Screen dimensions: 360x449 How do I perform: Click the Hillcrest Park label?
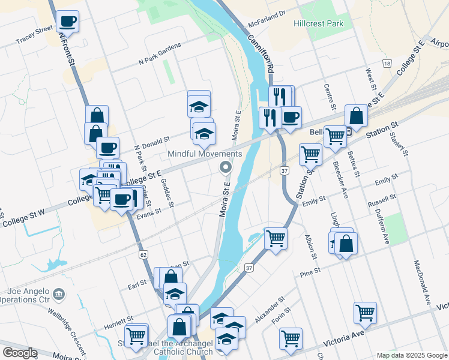pos(319,23)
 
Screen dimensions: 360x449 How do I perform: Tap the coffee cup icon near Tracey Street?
pos(68,22)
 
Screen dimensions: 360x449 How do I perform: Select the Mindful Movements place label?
pos(205,154)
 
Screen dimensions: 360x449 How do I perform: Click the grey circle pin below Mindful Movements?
pos(226,167)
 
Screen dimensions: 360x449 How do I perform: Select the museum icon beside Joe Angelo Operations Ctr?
pos(59,294)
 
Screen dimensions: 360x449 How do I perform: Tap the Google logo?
pos(20,353)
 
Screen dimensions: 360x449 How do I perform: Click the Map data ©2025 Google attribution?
pos(412,355)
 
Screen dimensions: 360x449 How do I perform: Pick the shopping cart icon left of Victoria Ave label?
pos(291,338)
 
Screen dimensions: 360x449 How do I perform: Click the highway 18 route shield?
pos(388,64)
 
